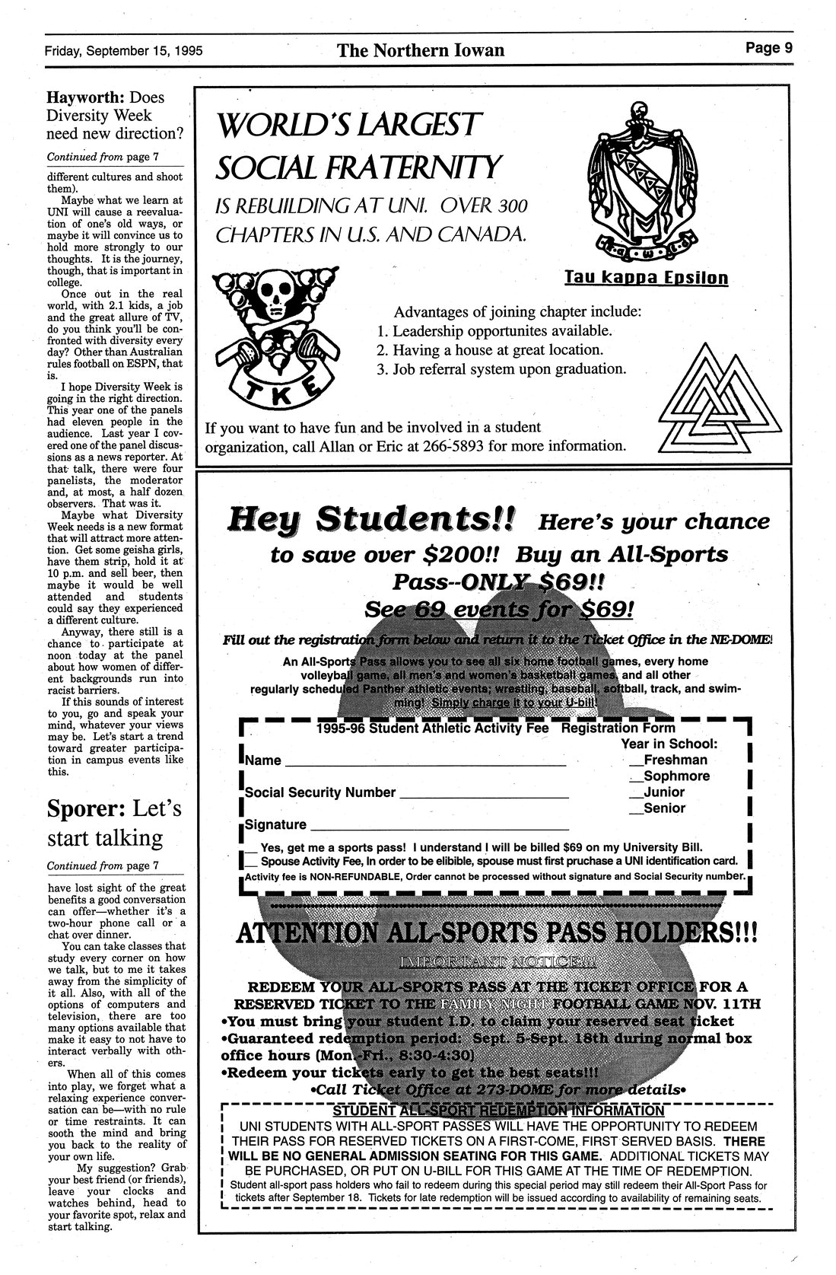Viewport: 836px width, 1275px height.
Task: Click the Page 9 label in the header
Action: (x=768, y=49)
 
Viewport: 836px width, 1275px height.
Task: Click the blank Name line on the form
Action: (x=426, y=762)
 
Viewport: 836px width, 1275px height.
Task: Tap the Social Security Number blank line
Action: (x=484, y=795)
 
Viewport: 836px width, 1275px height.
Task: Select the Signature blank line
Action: (x=440, y=827)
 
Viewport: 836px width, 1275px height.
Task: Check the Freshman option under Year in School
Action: (x=634, y=760)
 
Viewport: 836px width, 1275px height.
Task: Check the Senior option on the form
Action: (x=634, y=808)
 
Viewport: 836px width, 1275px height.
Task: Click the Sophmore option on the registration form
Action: (x=634, y=776)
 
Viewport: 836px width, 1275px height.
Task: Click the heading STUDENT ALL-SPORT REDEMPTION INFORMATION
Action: (x=498, y=1111)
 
